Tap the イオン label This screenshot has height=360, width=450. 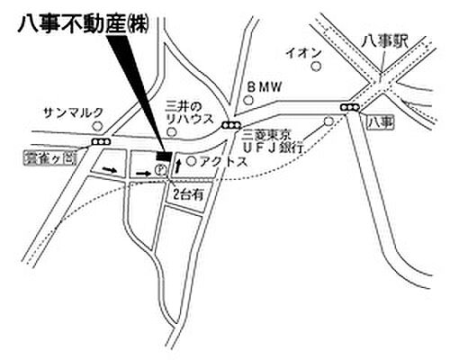click(x=303, y=53)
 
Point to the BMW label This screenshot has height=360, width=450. click(x=264, y=87)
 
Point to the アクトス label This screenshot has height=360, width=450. click(x=222, y=162)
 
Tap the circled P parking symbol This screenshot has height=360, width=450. click(x=160, y=168)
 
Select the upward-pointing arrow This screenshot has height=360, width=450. click(x=178, y=165)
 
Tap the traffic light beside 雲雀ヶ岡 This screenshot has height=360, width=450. click(x=99, y=142)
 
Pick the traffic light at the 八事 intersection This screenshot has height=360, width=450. click(x=347, y=108)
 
